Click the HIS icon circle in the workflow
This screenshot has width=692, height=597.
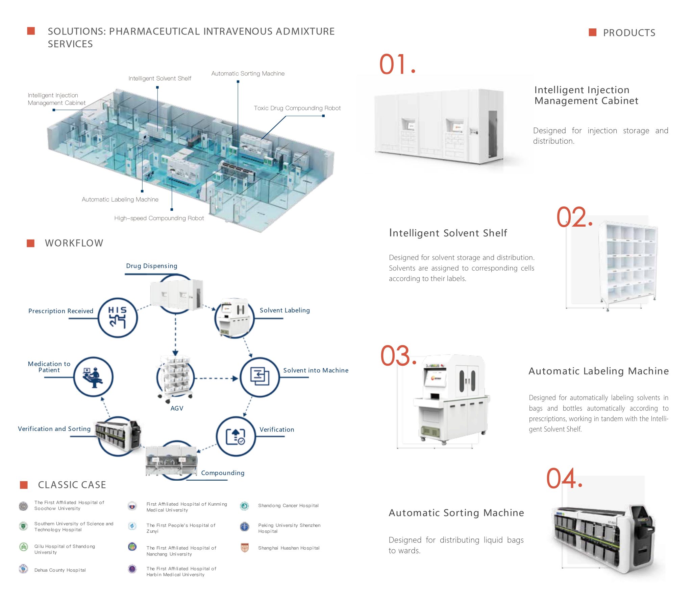[118, 317]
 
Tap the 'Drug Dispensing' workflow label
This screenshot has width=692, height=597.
[151, 266]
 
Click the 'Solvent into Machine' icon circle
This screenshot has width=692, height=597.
[259, 377]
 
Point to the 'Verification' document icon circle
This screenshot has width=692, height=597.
[236, 436]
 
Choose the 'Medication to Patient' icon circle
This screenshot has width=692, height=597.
[93, 377]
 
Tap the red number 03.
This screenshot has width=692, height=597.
[398, 356]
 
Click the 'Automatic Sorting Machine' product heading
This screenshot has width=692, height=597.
[456, 513]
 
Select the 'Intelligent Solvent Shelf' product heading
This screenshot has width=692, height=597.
[448, 233]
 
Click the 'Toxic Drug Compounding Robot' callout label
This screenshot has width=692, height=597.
[297, 108]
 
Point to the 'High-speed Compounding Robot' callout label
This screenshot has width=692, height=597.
[159, 218]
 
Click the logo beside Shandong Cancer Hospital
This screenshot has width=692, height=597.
[244, 506]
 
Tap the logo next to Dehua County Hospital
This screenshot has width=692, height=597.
[23, 569]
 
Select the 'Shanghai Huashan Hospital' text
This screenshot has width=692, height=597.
[289, 548]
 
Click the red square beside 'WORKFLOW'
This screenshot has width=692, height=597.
[31, 243]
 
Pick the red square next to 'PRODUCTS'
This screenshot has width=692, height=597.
[592, 32]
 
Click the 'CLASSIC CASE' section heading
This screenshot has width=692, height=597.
[72, 485]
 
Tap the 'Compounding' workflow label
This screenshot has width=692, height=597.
[222, 473]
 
